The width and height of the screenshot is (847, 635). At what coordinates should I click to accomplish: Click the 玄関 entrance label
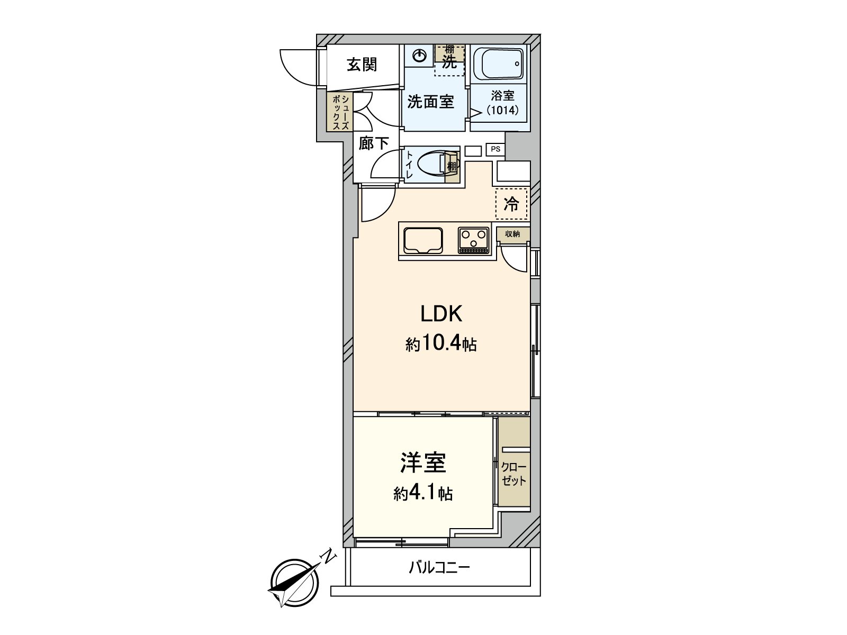(362, 65)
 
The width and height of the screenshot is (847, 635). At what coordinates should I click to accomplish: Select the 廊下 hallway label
(374, 143)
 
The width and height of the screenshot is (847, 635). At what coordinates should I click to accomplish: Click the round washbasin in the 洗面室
(419, 56)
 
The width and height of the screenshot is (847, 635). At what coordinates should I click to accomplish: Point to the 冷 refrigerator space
(511, 204)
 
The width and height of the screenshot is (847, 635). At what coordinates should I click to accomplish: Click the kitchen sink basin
(423, 241)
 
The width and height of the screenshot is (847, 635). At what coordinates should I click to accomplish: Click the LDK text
(441, 314)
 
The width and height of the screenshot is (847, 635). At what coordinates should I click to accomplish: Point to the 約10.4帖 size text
(441, 345)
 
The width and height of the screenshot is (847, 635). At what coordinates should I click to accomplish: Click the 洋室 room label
(422, 462)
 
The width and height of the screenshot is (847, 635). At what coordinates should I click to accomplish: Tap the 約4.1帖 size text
(422, 494)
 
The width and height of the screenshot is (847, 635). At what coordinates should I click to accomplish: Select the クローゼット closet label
(513, 474)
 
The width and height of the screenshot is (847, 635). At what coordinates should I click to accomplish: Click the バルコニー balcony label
(439, 569)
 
